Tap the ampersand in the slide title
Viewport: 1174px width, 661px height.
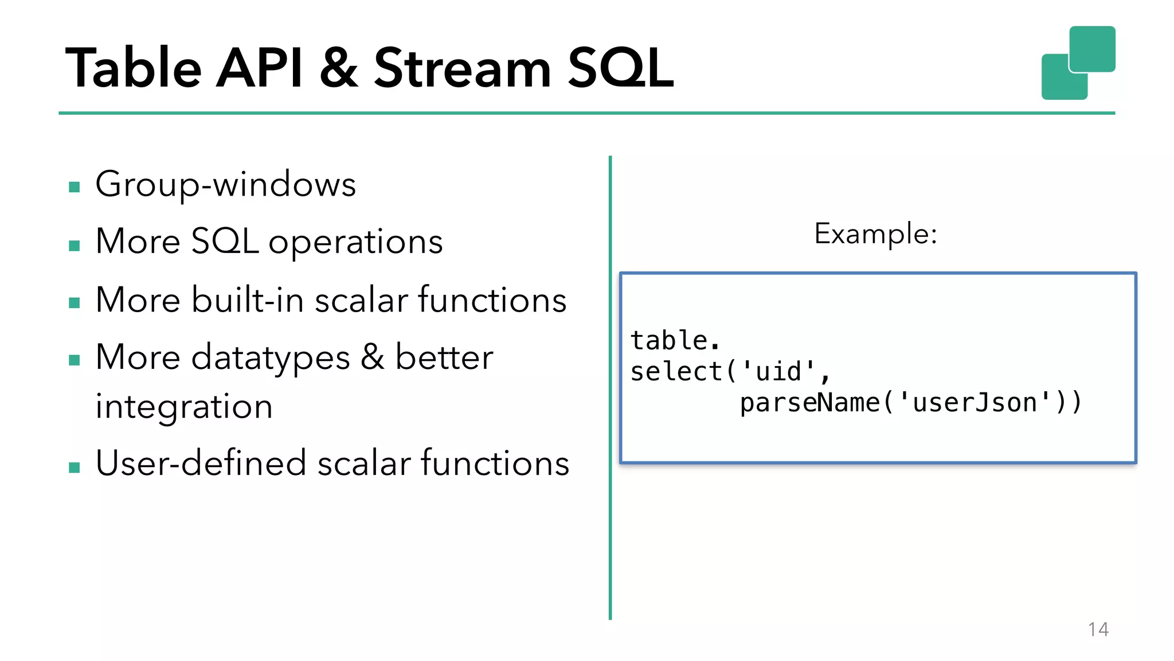click(339, 68)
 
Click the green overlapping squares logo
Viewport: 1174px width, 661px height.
click(1078, 63)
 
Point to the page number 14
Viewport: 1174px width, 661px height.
click(1098, 629)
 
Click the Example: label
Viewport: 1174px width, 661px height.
click(875, 234)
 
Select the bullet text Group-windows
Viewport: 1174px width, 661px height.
click(225, 185)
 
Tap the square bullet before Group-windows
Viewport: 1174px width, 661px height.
click(74, 187)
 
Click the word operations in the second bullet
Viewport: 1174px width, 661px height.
click(355, 242)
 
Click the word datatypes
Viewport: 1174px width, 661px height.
click(270, 358)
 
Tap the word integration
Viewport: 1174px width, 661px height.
click(183, 407)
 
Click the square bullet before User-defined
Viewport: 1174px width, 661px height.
click(74, 467)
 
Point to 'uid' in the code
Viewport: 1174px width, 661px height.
click(778, 371)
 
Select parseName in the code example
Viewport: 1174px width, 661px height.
click(809, 402)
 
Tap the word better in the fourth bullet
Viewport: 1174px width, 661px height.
click(444, 358)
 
